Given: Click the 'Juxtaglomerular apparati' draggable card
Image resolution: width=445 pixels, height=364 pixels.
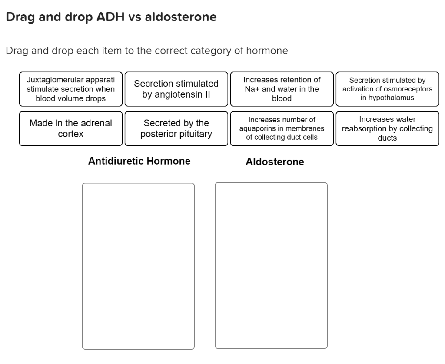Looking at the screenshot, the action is pos(71,89).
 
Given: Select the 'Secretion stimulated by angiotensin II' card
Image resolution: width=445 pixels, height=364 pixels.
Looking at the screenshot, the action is pos(176,89).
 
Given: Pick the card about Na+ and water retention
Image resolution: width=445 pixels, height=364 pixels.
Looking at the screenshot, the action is pos(282,89).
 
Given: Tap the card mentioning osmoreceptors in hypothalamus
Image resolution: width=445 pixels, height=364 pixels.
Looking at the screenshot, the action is pos(387,89).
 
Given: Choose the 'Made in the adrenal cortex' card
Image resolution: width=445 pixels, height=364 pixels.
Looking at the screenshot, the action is pos(71,128).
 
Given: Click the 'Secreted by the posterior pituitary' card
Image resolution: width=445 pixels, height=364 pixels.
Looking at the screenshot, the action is pos(176,128).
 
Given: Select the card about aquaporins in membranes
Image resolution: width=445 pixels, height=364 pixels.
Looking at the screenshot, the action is pos(282,128).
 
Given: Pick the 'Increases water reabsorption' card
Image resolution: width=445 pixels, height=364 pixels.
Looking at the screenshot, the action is pos(387,128).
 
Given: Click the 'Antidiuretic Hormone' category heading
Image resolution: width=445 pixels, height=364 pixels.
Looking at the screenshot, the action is pos(139,161).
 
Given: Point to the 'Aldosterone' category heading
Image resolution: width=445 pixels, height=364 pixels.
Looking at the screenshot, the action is pos(275,162).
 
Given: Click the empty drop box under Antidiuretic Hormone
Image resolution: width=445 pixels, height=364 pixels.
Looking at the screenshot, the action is pos(138,266).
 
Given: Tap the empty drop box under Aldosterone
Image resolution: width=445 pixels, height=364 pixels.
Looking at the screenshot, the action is pos(271,266).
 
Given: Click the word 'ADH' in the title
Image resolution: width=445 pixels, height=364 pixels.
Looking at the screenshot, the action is pos(113,17).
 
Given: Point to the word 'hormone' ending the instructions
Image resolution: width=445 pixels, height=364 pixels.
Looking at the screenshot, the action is pos(267,51).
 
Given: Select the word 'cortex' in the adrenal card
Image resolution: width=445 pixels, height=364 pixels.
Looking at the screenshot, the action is pos(71,134).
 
